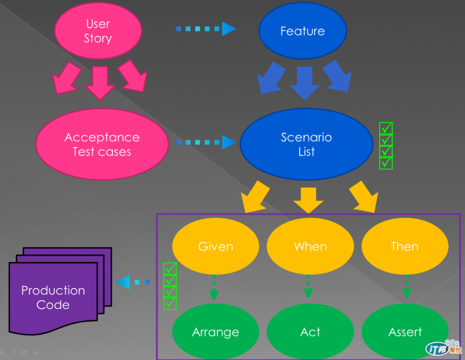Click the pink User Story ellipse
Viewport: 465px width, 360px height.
click(98, 31)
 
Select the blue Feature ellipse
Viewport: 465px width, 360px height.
click(302, 31)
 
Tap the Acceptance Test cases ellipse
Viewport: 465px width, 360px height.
click(102, 145)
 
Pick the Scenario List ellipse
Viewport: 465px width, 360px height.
click(306, 145)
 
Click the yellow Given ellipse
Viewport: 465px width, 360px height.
click(216, 246)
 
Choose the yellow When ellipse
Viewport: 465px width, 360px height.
click(310, 246)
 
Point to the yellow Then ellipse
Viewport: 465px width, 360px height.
click(405, 246)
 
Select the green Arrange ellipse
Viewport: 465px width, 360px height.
click(216, 332)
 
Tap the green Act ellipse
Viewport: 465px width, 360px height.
click(310, 332)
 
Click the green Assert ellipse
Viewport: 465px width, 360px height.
click(405, 332)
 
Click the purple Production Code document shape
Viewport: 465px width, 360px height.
click(53, 297)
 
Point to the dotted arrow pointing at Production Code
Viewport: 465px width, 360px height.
click(133, 282)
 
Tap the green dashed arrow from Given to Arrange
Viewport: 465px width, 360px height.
click(214, 287)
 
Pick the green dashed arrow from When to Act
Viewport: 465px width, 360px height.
click(309, 287)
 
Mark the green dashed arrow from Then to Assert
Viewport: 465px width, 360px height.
click(406, 287)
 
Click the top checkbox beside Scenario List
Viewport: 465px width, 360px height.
click(386, 128)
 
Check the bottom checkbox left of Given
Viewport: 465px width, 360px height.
click(170, 303)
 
